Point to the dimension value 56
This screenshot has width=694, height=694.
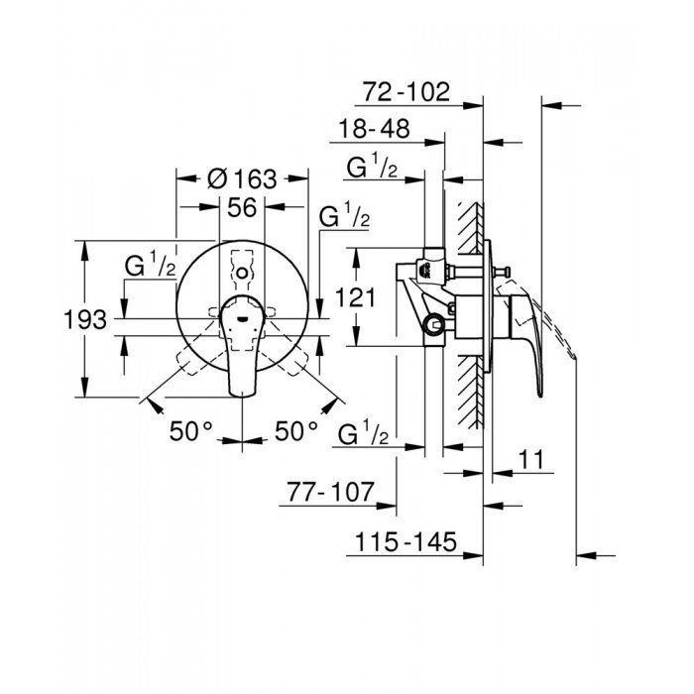click(x=242, y=207)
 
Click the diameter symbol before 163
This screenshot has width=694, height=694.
click(x=215, y=179)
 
